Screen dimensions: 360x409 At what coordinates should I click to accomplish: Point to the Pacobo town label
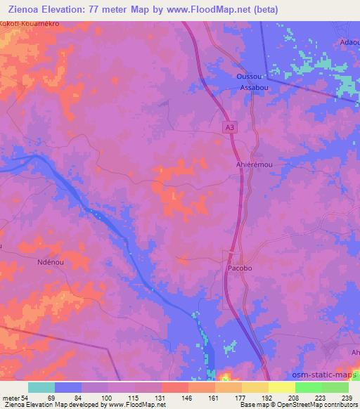pyautogui.click(x=240, y=269)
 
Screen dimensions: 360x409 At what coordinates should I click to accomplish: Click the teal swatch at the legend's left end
pyautogui.click(x=41, y=387)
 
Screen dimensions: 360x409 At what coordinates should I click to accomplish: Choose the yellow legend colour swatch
pyautogui.click(x=281, y=387)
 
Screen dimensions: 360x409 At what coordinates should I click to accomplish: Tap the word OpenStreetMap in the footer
pyautogui.click(x=288, y=405)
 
